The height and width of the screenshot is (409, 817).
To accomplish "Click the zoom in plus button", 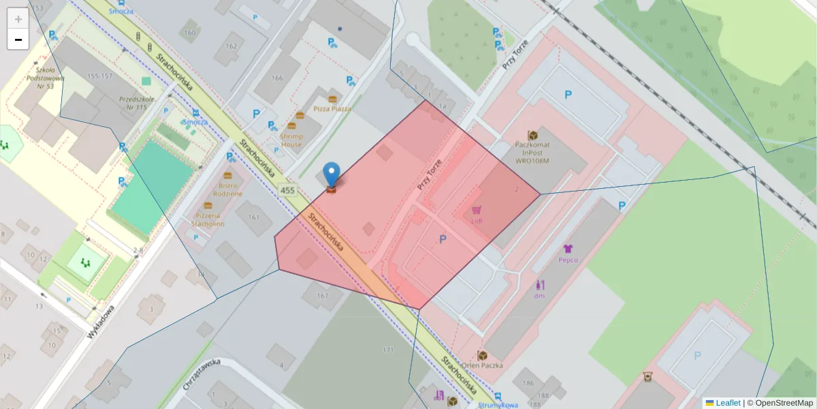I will tap(18, 19).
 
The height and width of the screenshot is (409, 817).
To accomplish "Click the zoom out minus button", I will tap(18, 40).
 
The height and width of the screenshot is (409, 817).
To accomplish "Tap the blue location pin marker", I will tap(331, 175).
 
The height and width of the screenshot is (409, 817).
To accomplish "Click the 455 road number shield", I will tap(287, 191).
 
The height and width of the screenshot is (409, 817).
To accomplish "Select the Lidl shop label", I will tap(477, 221).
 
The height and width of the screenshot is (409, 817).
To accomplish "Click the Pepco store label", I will tap(568, 260).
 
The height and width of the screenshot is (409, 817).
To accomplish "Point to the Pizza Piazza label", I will tap(332, 108).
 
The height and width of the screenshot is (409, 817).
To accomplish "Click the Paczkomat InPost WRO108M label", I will tap(532, 152).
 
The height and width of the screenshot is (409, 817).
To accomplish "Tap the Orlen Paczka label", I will tap(482, 365).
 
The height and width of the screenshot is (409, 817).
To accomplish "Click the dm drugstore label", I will tap(539, 295).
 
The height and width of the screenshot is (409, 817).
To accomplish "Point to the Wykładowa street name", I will tap(101, 322).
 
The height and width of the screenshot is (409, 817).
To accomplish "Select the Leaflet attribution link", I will tap(727, 403).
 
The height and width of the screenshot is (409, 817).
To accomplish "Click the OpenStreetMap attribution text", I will tap(782, 403).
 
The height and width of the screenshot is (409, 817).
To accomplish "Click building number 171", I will tap(388, 350).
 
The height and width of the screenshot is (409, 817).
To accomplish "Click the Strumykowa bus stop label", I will tap(499, 405).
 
